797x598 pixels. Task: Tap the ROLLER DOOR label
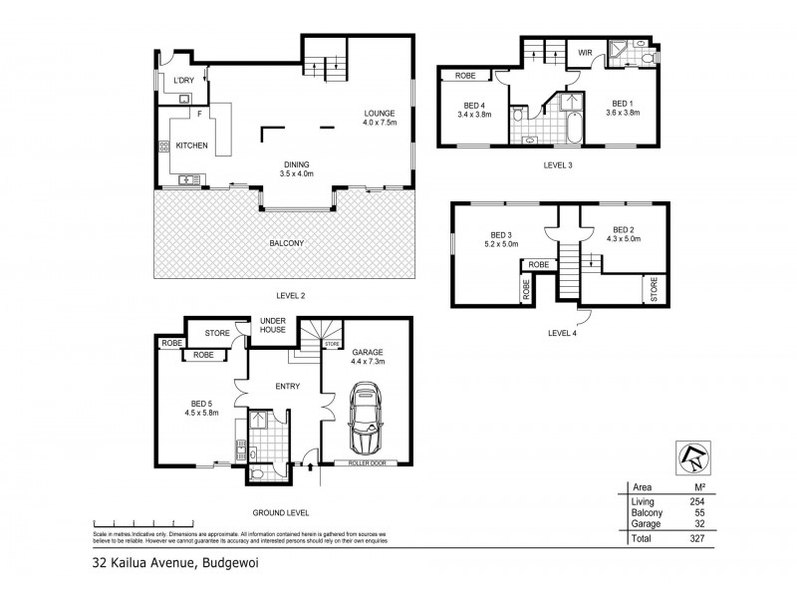(x=365, y=462)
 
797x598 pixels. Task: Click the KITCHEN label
(x=191, y=146)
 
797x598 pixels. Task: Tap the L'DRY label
(x=183, y=80)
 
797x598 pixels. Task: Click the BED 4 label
(x=475, y=104)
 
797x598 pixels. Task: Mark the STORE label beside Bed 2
(x=655, y=290)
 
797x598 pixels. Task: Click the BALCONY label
(x=285, y=243)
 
